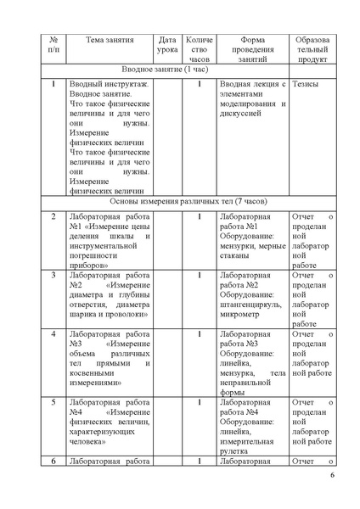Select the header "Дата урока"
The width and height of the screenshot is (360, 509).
click(167, 45)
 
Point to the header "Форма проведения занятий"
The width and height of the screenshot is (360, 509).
click(252, 50)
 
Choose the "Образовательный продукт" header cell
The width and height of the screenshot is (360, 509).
click(314, 50)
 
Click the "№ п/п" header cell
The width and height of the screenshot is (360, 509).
click(54, 45)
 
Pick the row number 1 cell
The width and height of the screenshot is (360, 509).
click(54, 85)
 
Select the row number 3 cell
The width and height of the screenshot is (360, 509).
click(54, 275)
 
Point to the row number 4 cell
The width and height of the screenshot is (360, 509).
click(54, 334)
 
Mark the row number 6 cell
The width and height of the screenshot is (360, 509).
click(54, 461)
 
